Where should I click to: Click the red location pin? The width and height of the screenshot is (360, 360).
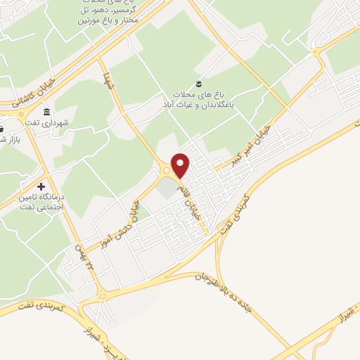(181, 165)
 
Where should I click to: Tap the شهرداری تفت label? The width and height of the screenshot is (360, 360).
(65, 122)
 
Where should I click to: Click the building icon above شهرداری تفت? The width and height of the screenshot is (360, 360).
(47, 112)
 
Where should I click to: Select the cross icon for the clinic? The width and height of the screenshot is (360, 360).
(41, 186)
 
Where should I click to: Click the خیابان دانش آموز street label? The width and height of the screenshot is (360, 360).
(126, 222)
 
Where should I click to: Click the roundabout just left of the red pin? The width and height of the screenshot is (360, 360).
(167, 170)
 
